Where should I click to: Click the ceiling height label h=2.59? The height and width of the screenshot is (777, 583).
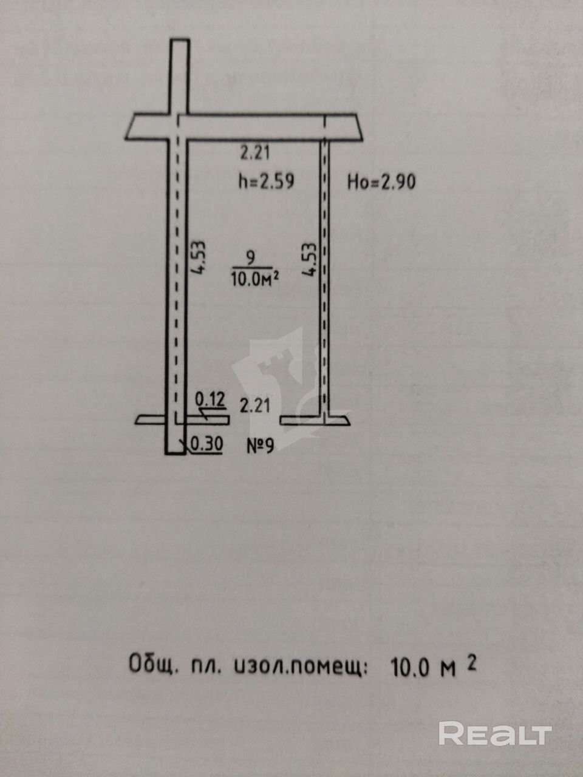(x=266, y=181)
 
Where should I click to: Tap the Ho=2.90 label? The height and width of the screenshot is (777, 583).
(x=381, y=182)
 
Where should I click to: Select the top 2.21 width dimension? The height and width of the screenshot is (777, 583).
(x=255, y=152)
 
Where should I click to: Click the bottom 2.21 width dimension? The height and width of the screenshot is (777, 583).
(x=255, y=405)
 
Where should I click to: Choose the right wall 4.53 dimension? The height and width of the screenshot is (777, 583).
(x=310, y=260)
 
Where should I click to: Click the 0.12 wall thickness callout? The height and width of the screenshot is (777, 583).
(x=210, y=399)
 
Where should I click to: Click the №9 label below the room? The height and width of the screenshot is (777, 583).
(x=261, y=446)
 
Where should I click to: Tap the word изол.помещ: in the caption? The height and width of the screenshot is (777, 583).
(x=300, y=667)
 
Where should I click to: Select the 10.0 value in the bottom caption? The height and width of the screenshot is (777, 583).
(x=412, y=667)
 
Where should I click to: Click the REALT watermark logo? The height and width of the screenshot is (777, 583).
(x=495, y=734)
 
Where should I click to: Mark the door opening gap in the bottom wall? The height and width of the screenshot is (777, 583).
(x=254, y=419)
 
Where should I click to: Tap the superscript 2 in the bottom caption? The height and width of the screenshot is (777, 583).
(x=471, y=662)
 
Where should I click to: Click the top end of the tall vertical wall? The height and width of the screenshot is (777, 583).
(x=179, y=42)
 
